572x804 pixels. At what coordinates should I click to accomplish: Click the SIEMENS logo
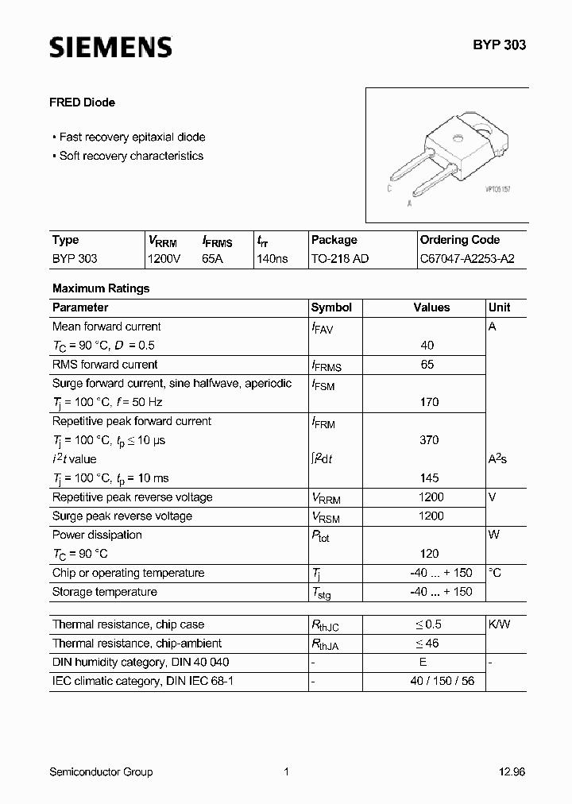[x=110, y=48]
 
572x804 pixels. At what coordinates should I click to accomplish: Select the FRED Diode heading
[x=83, y=102]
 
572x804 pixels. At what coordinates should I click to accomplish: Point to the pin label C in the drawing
[x=389, y=188]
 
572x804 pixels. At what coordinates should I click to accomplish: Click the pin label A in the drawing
[x=409, y=203]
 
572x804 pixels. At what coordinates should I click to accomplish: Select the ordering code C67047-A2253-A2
[x=462, y=259]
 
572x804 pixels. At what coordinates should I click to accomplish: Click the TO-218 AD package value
[x=340, y=259]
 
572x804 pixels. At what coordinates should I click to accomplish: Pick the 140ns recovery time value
[x=272, y=259]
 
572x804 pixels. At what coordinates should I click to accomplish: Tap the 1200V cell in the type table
[x=164, y=259]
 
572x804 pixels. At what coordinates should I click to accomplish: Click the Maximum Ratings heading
[x=101, y=288]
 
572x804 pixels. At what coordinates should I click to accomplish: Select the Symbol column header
[x=331, y=307]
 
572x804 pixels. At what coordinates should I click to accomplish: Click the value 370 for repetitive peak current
[x=429, y=440]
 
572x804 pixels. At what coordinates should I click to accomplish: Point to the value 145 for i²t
[x=429, y=478]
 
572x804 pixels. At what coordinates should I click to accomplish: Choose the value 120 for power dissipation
[x=429, y=554]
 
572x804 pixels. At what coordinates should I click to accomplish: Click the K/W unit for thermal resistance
[x=500, y=624]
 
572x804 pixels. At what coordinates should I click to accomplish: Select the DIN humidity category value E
[x=423, y=663]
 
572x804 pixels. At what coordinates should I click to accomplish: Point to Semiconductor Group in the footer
[x=101, y=771]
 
